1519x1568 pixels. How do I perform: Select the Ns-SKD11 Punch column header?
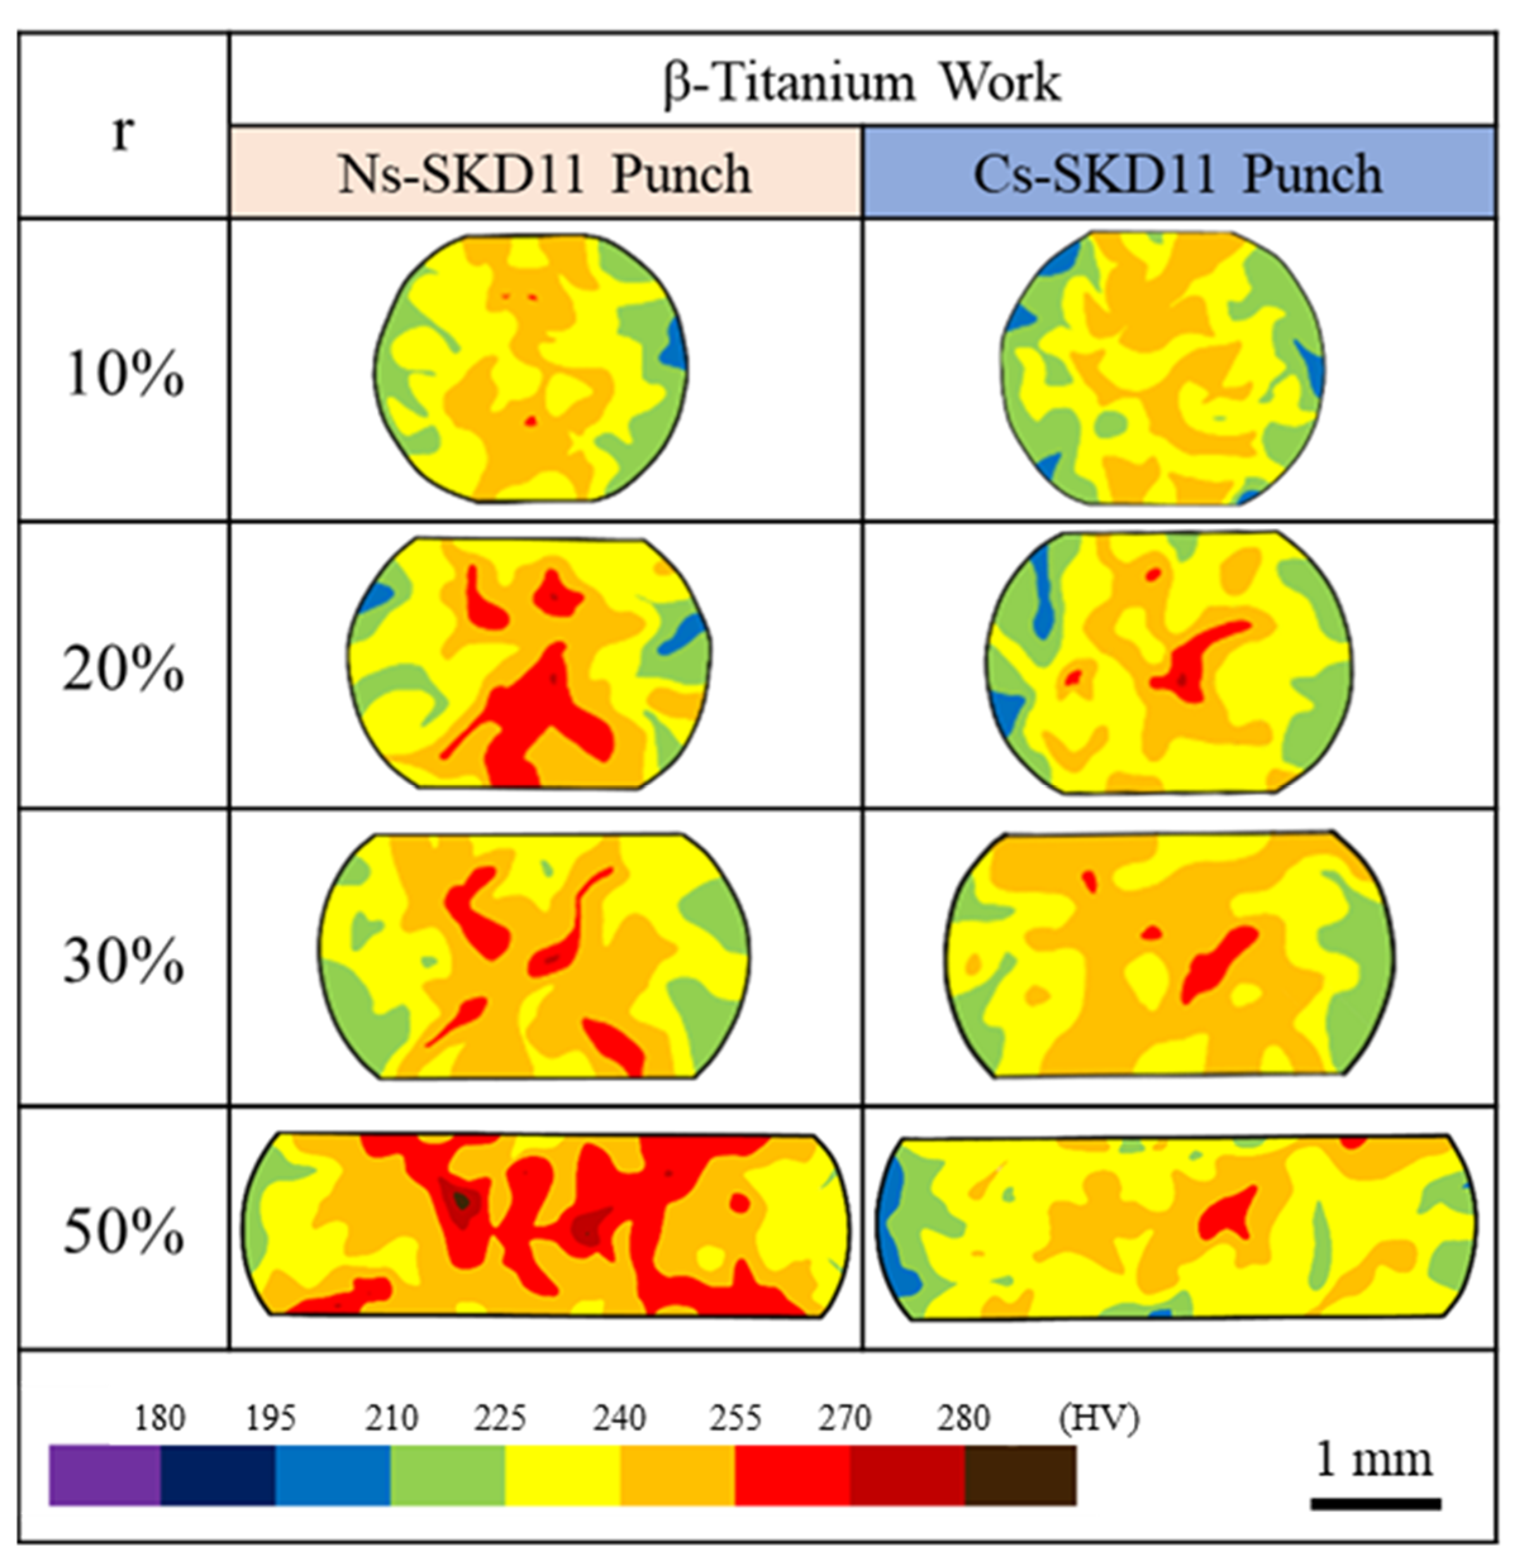point(545,173)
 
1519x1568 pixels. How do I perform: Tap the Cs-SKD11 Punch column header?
point(1178,173)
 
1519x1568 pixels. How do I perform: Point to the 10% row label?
point(123,374)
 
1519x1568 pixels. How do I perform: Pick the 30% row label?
point(123,960)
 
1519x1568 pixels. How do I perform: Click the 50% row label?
point(123,1232)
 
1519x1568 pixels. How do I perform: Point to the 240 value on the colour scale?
point(619,1418)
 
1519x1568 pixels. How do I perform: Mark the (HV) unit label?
point(1098,1418)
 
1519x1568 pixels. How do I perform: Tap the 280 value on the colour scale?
point(964,1418)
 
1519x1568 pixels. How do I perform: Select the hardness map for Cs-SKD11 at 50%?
point(1177,1228)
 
